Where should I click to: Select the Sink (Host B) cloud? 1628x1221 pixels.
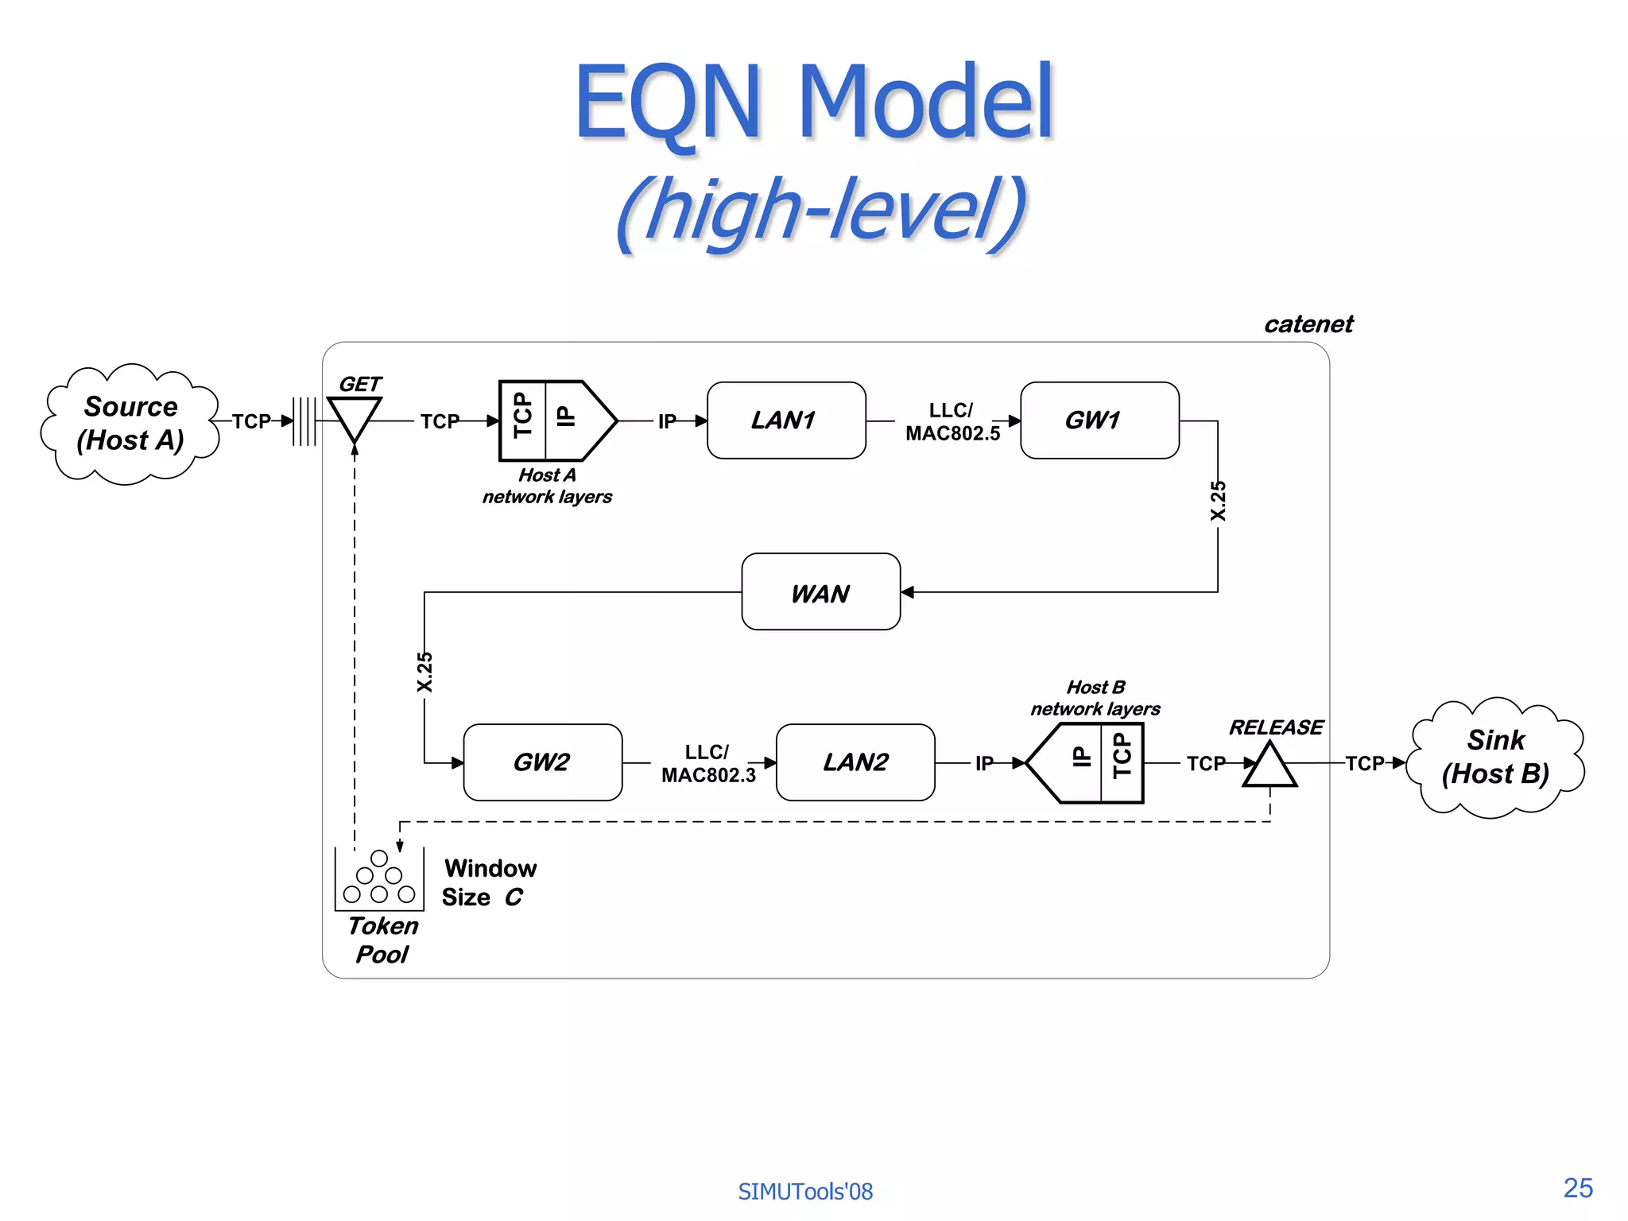1495,758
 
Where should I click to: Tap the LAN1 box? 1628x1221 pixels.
785,421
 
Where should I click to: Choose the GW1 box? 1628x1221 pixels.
1099,421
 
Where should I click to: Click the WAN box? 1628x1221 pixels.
820,592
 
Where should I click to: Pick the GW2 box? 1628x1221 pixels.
542,762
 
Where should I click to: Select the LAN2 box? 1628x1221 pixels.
855,762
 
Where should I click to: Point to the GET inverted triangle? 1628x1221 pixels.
355,417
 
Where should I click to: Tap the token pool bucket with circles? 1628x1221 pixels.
379,880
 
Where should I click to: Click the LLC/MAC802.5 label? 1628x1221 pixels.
952,422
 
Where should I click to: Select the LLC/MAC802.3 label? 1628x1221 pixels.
708,764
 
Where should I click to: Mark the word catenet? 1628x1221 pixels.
1308,324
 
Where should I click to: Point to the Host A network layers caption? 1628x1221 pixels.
547,486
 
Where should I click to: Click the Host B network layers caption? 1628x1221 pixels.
1095,698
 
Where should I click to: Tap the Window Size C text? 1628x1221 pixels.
488,882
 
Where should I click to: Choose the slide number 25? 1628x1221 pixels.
1577,1188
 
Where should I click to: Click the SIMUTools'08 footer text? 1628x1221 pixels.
804,1192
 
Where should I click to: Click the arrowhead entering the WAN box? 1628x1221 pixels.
908,592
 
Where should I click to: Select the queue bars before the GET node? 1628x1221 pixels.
304,421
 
